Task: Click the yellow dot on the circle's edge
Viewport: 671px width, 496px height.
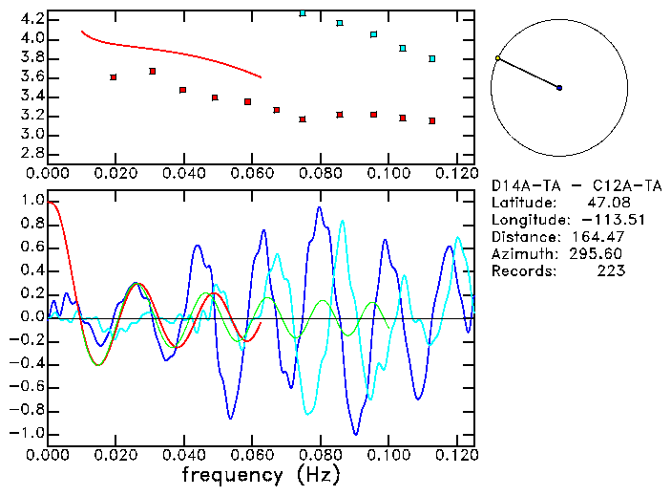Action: (x=497, y=58)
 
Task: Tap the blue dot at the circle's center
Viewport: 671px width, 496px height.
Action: (x=559, y=88)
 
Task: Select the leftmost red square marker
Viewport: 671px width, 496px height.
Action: (x=114, y=76)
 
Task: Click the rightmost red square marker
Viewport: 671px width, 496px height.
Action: (x=432, y=120)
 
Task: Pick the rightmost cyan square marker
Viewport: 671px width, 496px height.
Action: (x=432, y=58)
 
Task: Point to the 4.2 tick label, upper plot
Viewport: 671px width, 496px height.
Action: (x=32, y=19)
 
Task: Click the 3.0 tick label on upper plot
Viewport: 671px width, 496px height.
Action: (x=32, y=135)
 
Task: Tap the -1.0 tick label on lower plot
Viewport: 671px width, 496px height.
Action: (x=29, y=433)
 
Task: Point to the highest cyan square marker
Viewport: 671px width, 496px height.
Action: (x=303, y=13)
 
